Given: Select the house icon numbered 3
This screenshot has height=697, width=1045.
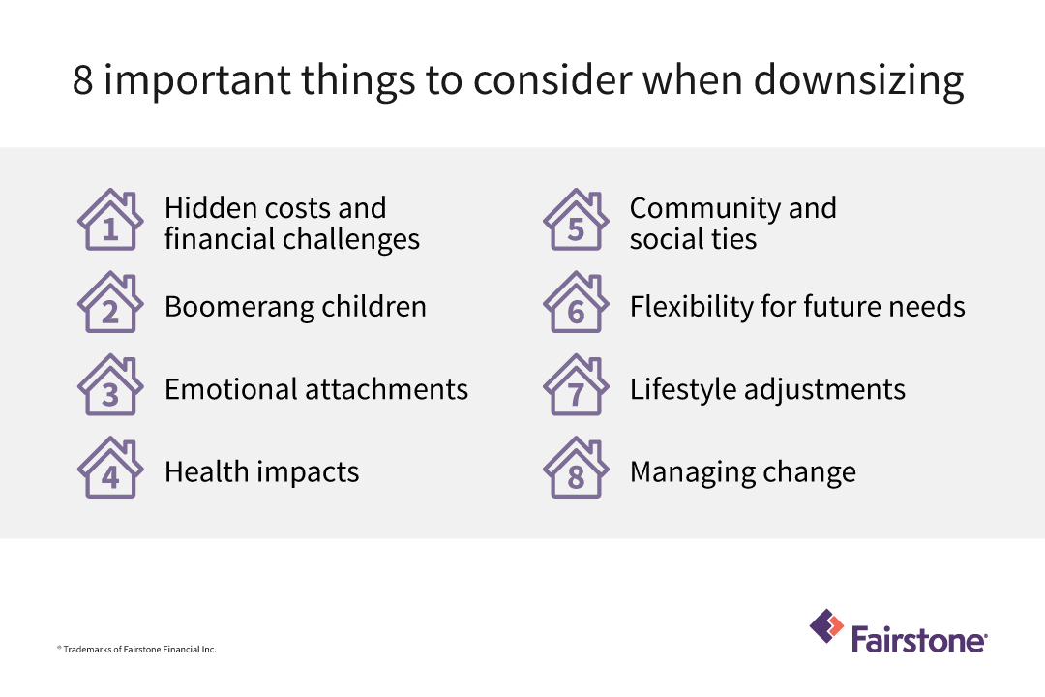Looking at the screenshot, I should point(110,387).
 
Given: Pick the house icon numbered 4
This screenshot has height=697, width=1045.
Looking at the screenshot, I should point(110,470).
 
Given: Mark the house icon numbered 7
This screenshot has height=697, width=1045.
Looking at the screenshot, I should point(576,387).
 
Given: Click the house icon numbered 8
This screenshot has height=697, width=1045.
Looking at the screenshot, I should point(576,470).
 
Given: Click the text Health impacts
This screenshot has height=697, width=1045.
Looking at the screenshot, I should point(261,472).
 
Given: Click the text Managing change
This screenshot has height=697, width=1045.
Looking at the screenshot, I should point(742,472).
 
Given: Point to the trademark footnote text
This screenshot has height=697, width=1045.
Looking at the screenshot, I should point(136,649).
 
